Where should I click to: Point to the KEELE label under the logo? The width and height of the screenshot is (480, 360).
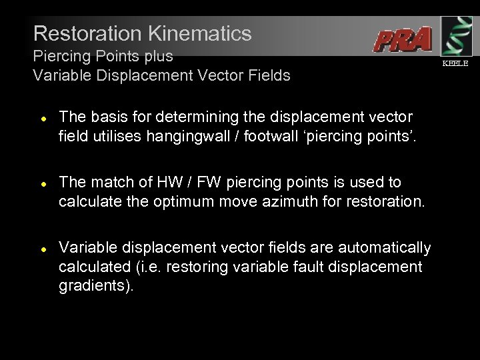(x=455, y=64)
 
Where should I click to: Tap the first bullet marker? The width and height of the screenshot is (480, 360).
(x=42, y=117)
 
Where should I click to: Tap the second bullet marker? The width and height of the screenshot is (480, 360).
(x=42, y=183)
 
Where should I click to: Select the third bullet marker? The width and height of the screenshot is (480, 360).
(x=42, y=249)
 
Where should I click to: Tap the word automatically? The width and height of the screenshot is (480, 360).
(x=386, y=248)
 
